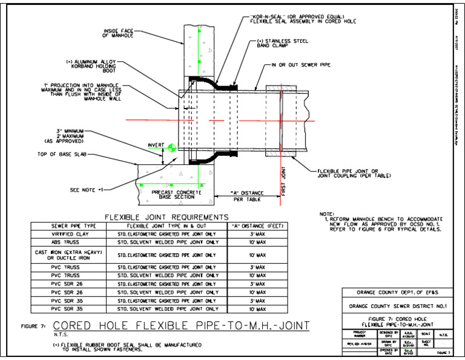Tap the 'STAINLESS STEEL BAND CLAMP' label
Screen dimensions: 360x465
[282, 44]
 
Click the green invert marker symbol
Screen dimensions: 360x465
[173, 147]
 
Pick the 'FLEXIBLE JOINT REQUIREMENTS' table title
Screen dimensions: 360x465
[166, 217]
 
